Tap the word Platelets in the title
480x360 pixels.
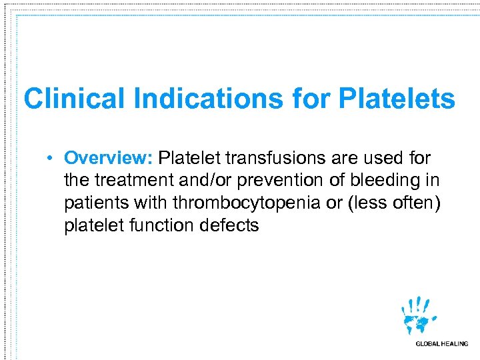[x=397, y=99]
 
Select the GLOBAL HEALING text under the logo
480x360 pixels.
[x=441, y=344]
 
